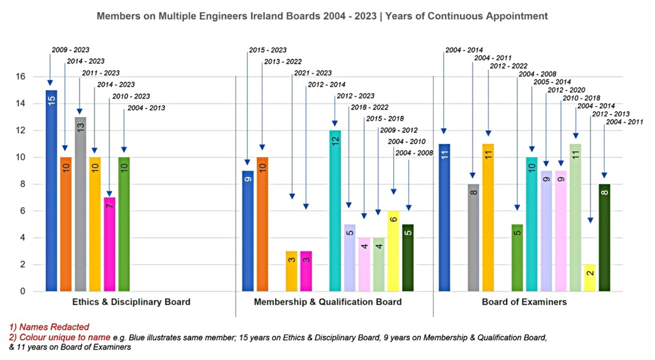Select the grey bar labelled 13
tap(81, 204)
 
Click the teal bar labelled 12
tap(335, 211)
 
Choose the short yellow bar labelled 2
tap(590, 278)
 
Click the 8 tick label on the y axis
tap(22, 184)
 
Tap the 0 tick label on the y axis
tap(22, 292)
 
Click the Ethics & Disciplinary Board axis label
tap(131, 302)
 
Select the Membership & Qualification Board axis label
tap(328, 302)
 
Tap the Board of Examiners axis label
tap(524, 302)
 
